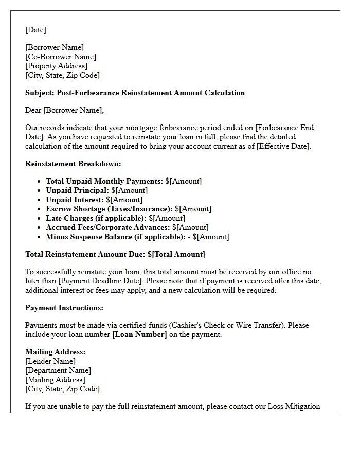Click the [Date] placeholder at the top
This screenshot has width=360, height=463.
[35, 30]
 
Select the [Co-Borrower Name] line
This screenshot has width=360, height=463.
[61, 57]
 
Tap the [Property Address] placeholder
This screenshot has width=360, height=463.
[57, 66]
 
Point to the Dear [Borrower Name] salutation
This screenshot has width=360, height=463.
[64, 110]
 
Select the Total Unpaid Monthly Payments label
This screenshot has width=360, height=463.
[104, 181]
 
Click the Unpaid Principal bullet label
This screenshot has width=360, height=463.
[77, 190]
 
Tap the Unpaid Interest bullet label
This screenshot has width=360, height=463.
[75, 200]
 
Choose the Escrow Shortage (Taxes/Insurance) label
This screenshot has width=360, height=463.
[109, 209]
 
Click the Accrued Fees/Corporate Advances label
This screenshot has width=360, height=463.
[107, 227]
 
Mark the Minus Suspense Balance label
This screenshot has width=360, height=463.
[115, 237]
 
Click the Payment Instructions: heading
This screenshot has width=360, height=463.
[64, 308]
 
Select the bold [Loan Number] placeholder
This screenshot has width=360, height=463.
[139, 334]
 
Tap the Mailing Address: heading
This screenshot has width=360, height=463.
[55, 352]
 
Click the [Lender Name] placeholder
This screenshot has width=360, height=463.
[50, 361]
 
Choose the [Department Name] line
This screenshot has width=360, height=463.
[58, 370]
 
